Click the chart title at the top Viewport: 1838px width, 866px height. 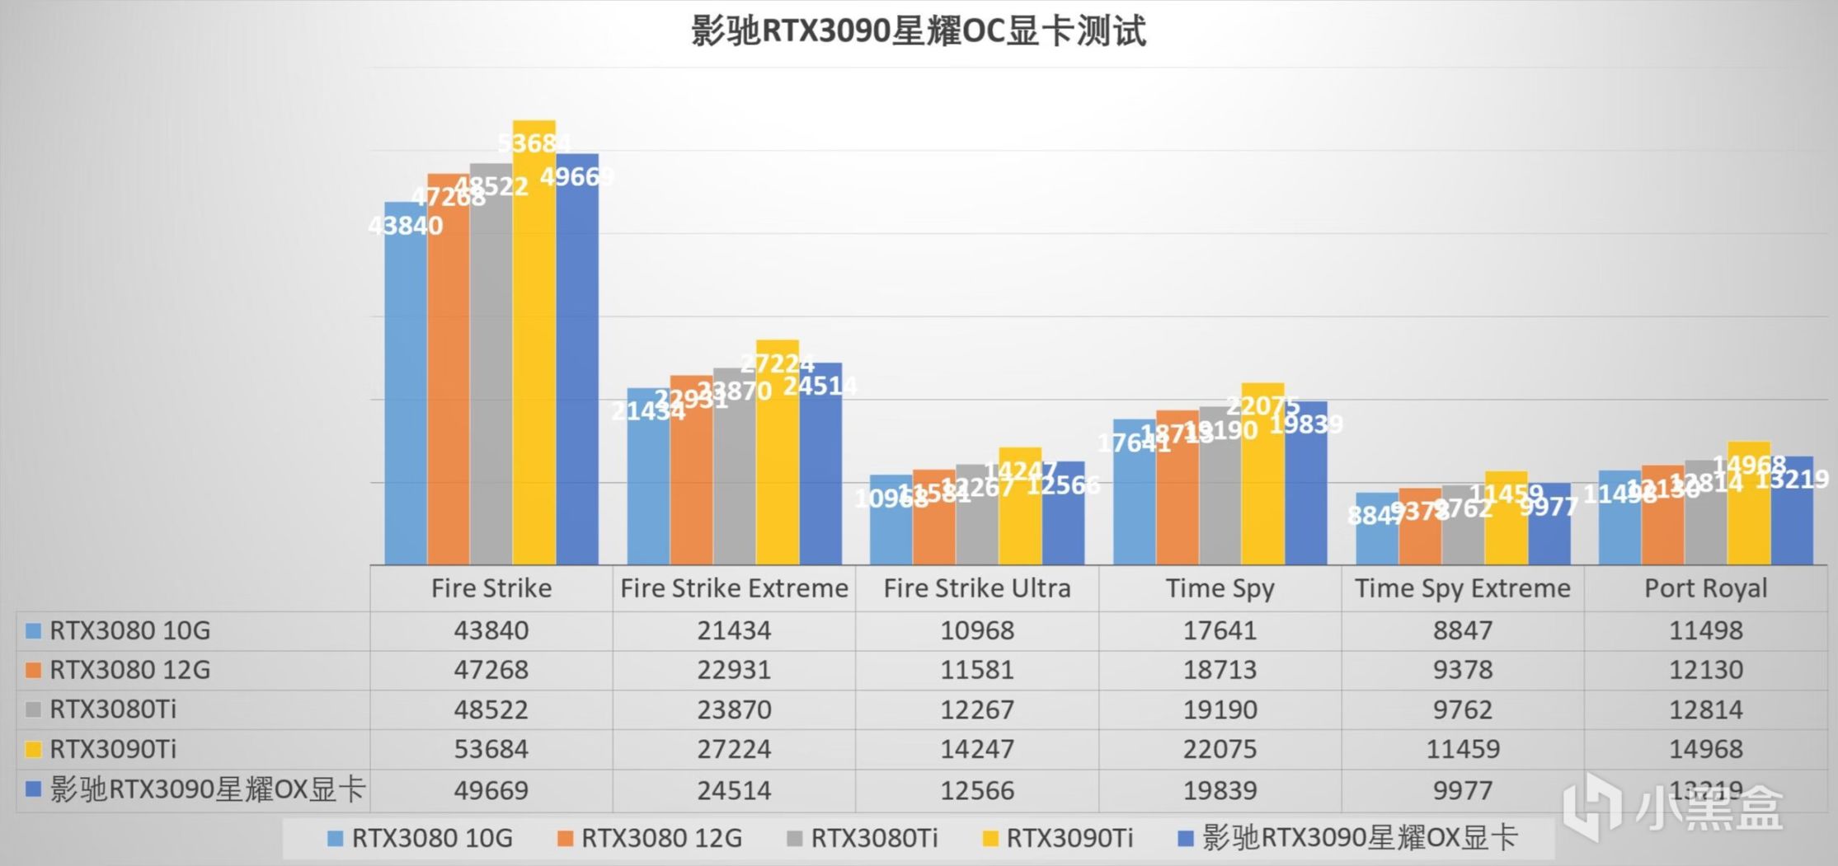pyautogui.click(x=918, y=31)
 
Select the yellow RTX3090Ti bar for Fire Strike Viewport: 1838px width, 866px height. pyautogui.click(x=534, y=346)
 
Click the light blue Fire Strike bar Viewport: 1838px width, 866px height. pyautogui.click(x=406, y=387)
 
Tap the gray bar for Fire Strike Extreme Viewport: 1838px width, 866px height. pyautogui.click(x=734, y=470)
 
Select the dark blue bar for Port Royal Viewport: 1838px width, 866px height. pyautogui.click(x=1792, y=515)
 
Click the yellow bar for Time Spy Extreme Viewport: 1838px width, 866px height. pyautogui.click(x=1506, y=523)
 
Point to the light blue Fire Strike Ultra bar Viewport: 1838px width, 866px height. pyautogui.click(x=891, y=523)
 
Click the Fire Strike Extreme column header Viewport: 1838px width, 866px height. pyautogui.click(x=734, y=588)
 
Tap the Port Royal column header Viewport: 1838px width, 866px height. pyautogui.click(x=1705, y=588)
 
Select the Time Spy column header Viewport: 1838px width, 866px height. pyautogui.click(x=1220, y=588)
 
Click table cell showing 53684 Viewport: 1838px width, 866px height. pyautogui.click(x=491, y=749)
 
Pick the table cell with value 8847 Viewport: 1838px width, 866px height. pyautogui.click(x=1462, y=630)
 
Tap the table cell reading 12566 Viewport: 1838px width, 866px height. pyautogui.click(x=977, y=790)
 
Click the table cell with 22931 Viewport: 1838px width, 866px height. pyautogui.click(x=734, y=670)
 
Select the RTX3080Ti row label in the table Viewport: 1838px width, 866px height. pyautogui.click(x=113, y=709)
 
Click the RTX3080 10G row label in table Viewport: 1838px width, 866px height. pyautogui.click(x=129, y=630)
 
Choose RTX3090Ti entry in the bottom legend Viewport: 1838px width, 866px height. pyautogui.click(x=1069, y=838)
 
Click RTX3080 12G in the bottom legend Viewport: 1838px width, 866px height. pyautogui.click(x=661, y=838)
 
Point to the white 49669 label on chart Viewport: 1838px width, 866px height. pyautogui.click(x=576, y=176)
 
